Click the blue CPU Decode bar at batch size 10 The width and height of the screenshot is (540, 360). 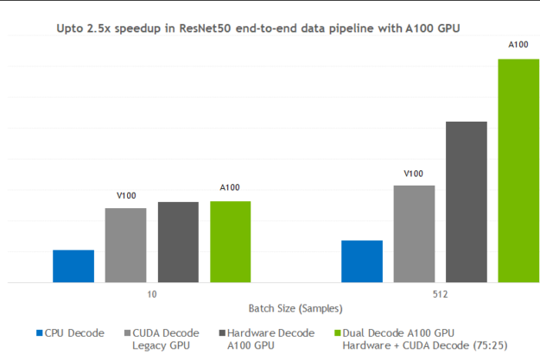pyautogui.click(x=73, y=266)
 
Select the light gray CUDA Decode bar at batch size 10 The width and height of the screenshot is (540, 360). pyautogui.click(x=125, y=245)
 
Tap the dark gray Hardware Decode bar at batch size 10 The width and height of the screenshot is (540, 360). pyautogui.click(x=178, y=242)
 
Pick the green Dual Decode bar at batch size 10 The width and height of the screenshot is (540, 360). pyautogui.click(x=230, y=242)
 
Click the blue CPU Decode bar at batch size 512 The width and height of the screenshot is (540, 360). pyautogui.click(x=362, y=261)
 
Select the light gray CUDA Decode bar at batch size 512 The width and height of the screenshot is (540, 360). pyautogui.click(x=414, y=233)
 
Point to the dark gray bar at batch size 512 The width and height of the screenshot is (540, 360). pyautogui.click(x=467, y=202)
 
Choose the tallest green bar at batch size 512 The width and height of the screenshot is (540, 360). pyautogui.click(x=518, y=170)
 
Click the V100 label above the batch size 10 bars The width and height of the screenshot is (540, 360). pyautogui.click(x=126, y=196)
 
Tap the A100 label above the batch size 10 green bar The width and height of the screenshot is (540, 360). pyautogui.click(x=230, y=187)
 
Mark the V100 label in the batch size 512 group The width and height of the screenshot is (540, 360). pyautogui.click(x=414, y=174)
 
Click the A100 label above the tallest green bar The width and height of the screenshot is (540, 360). pyautogui.click(x=518, y=44)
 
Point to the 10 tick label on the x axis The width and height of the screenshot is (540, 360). pyautogui.click(x=152, y=295)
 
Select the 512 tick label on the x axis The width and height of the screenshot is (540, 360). pyautogui.click(x=441, y=295)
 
